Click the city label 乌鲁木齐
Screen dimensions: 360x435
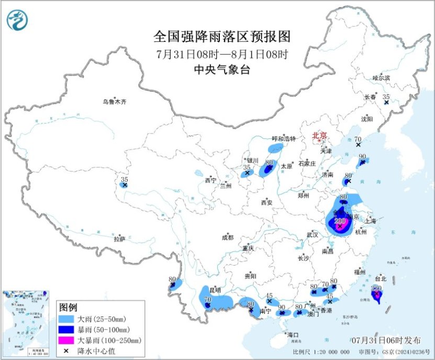tap(114, 102)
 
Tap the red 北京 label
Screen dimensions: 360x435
tap(319, 136)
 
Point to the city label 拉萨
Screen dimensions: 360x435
tap(120, 239)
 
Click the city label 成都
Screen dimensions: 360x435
tap(228, 237)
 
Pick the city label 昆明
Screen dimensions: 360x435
tap(215, 290)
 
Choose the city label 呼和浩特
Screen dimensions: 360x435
tap(284, 139)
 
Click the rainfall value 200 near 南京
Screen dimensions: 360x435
tap(339, 221)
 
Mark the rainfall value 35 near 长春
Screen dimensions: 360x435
tap(386, 97)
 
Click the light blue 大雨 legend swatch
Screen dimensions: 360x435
tap(66, 318)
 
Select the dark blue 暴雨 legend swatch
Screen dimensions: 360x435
tap(66, 329)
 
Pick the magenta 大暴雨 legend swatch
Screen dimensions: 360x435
tap(66, 340)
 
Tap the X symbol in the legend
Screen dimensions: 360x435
tap(66, 351)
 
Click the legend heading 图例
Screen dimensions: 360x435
tap(68, 307)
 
